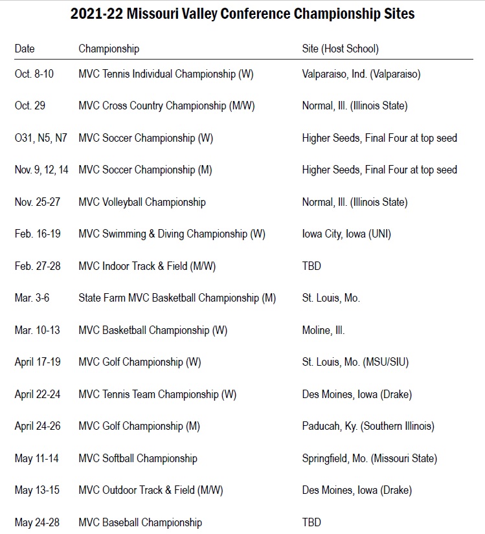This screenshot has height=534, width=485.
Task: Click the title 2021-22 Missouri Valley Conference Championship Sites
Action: pyautogui.click(x=242, y=14)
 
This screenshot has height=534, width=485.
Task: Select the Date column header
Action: pyautogui.click(x=25, y=49)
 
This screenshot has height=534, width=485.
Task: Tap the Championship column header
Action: pyautogui.click(x=109, y=49)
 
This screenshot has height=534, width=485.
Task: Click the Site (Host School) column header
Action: pyautogui.click(x=340, y=49)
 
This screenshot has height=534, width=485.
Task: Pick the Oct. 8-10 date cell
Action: pyautogui.click(x=34, y=74)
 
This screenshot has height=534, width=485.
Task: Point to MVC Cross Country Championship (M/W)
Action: pyautogui.click(x=164, y=106)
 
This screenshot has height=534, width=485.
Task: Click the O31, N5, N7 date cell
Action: pyautogui.click(x=41, y=138)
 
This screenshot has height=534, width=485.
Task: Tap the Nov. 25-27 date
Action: pyautogui.click(x=38, y=202)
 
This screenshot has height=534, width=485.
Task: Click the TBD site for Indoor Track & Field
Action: pyautogui.click(x=311, y=266)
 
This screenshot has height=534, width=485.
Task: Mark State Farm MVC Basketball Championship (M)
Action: pyautogui.click(x=177, y=298)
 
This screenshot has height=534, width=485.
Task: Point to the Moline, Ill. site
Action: pyautogui.click(x=323, y=330)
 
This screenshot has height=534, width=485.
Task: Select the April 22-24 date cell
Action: pyautogui.click(x=38, y=394)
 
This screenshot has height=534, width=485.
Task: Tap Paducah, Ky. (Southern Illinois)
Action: pyautogui.click(x=368, y=426)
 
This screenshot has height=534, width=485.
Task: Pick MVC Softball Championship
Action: pyautogui.click(x=138, y=458)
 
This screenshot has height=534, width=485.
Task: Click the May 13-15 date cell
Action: pyautogui.click(x=37, y=490)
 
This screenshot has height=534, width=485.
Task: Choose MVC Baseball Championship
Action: pyautogui.click(x=140, y=522)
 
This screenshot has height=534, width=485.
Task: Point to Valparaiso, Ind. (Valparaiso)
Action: pyautogui.click(x=361, y=74)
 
